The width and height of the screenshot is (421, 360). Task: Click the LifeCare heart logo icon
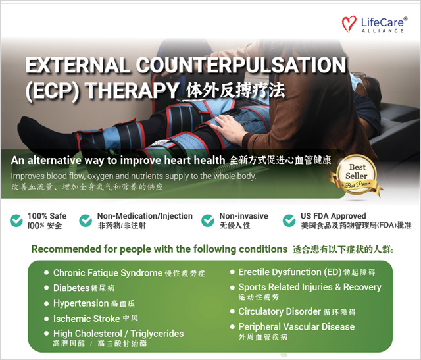pyautogui.click(x=350, y=24)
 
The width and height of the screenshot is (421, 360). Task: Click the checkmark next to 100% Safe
pyautogui.click(x=16, y=220)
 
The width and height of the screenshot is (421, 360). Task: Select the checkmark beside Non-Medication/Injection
pyautogui.click(x=86, y=220)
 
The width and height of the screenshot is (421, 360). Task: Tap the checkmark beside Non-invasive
pyautogui.click(x=208, y=220)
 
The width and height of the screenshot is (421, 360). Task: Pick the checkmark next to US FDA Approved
pyautogui.click(x=289, y=220)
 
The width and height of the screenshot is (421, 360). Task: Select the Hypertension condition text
pyautogui.click(x=81, y=303)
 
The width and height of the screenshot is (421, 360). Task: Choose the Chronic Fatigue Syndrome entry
pyautogui.click(x=108, y=272)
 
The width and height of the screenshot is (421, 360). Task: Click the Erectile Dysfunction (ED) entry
pyautogui.click(x=289, y=272)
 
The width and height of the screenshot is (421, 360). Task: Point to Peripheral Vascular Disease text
pyautogui.click(x=296, y=326)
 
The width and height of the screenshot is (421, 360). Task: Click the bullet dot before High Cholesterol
pyautogui.click(x=46, y=334)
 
